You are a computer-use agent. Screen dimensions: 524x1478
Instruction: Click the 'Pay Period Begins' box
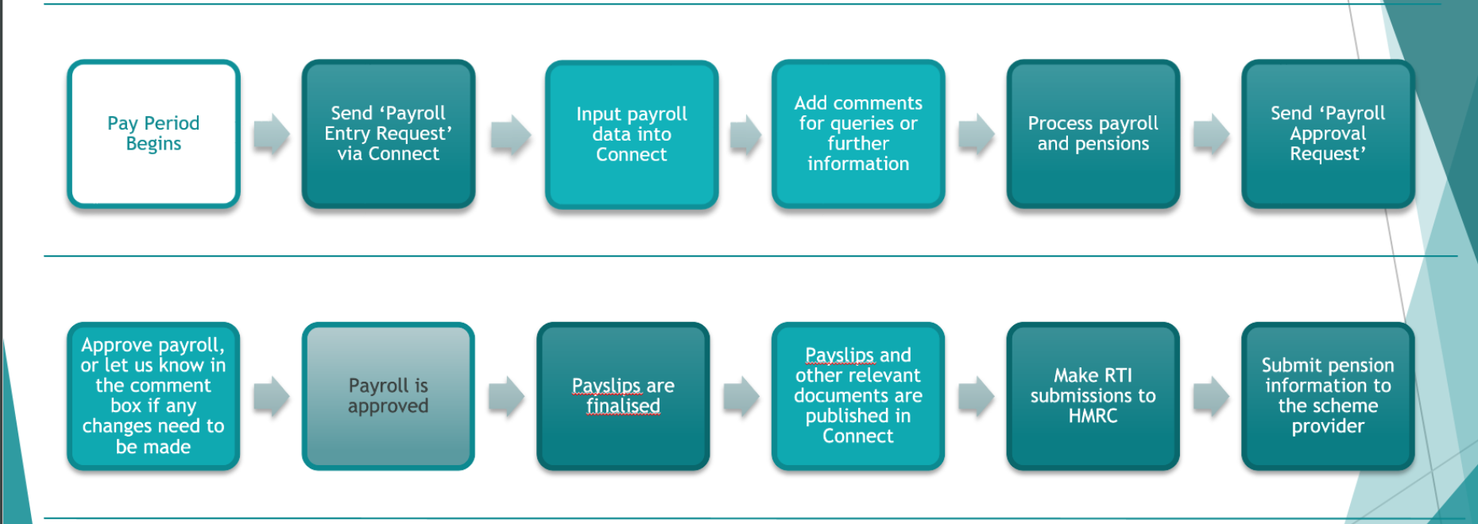[153, 134]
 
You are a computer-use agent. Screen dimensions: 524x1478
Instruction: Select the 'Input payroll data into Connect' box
[632, 134]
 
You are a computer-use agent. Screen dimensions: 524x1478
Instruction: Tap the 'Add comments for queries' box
[858, 134]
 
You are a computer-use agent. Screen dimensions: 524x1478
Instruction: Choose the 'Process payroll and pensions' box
[1093, 134]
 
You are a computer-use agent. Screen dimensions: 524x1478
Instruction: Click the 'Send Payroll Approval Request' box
[1328, 134]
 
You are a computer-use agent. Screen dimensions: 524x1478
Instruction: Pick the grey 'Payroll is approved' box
[388, 396]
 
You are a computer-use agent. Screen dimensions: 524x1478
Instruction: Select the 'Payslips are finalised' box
[623, 396]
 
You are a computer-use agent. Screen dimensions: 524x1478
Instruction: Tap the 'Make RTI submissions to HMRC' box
[1093, 396]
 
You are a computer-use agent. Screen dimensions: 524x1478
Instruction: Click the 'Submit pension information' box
[1328, 396]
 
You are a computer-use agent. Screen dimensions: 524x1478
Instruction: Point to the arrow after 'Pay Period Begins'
[272, 134]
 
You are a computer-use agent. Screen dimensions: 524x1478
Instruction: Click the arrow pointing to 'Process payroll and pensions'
[976, 134]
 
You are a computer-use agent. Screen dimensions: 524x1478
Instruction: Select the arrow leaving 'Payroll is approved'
[506, 396]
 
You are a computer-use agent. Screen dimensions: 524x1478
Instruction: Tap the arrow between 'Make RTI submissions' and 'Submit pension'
[1211, 396]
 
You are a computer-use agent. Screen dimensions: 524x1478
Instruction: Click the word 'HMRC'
[1093, 416]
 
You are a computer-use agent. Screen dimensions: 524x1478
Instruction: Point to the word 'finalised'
[623, 406]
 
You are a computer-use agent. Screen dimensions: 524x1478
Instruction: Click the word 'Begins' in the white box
[153, 144]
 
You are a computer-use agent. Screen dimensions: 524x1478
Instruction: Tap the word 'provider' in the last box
[1328, 426]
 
